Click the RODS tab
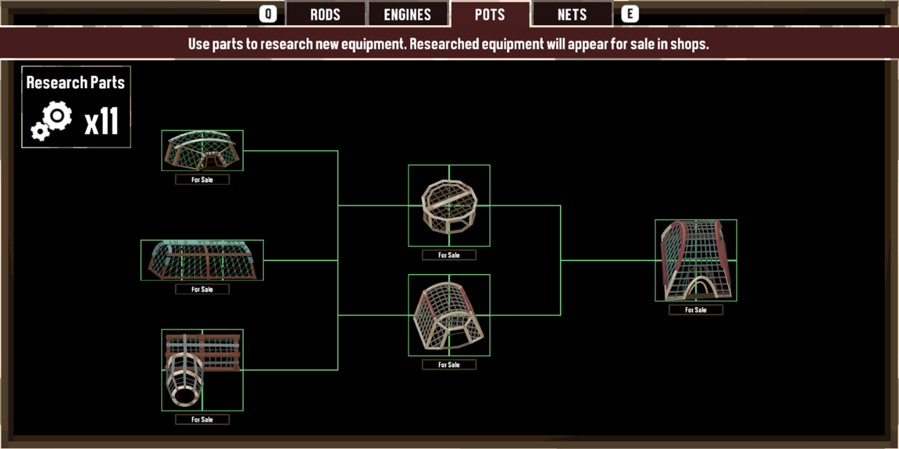[325, 14]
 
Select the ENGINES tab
[407, 14]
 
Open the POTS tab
[490, 14]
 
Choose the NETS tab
[572, 14]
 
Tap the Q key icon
[268, 14]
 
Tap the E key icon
[630, 14]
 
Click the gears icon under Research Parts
[52, 121]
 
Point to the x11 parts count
[102, 122]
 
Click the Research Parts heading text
[76, 83]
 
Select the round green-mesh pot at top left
[202, 150]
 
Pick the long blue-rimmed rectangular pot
[202, 260]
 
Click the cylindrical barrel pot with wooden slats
[202, 370]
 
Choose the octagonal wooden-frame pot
[449, 205]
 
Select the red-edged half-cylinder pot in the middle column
[449, 315]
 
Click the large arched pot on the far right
[696, 260]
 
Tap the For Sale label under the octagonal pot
[449, 255]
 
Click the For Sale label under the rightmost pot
[696, 310]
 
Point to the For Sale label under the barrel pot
[202, 419]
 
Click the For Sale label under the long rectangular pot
[202, 289]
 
